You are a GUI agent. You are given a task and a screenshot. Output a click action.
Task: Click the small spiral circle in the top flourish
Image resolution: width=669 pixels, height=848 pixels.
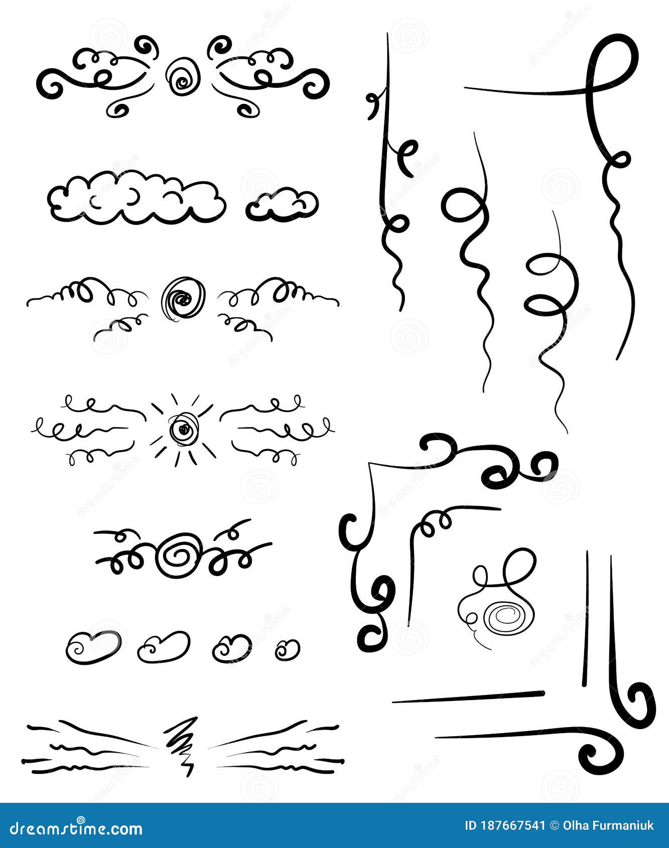[183, 77]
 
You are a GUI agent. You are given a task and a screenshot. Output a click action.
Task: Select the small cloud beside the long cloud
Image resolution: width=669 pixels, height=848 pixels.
[283, 205]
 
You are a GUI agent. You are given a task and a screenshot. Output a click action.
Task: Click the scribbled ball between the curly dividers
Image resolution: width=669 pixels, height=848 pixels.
[183, 300]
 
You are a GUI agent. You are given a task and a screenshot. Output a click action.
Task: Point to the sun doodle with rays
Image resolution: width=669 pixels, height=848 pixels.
[183, 429]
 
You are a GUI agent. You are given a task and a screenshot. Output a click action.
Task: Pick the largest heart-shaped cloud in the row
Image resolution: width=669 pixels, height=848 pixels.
[94, 647]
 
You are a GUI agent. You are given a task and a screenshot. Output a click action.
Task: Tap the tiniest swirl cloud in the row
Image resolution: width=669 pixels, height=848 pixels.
[288, 649]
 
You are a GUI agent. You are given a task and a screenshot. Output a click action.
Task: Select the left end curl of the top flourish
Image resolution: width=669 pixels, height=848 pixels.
[50, 85]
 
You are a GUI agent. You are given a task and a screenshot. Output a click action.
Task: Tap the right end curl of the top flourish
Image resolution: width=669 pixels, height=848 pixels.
[316, 85]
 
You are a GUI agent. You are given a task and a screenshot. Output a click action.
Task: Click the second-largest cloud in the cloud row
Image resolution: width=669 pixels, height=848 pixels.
[164, 646]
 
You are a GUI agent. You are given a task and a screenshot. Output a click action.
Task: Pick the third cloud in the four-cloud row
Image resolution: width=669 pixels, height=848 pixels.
[232, 648]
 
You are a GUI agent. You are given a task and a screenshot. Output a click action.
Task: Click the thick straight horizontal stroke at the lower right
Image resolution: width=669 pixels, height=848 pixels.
[469, 697]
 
